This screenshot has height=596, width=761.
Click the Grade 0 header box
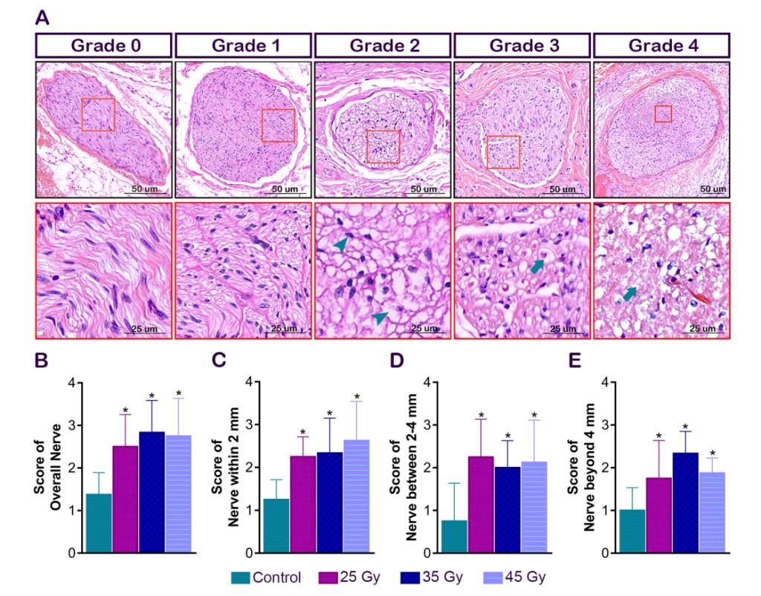[103, 45]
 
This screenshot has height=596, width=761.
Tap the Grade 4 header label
[663, 45]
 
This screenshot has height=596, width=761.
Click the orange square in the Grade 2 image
[383, 146]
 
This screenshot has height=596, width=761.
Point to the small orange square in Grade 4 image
[663, 113]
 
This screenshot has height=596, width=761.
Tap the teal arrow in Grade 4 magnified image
[630, 295]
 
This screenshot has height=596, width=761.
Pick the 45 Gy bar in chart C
[356, 497]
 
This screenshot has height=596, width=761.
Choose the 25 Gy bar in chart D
[480, 505]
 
